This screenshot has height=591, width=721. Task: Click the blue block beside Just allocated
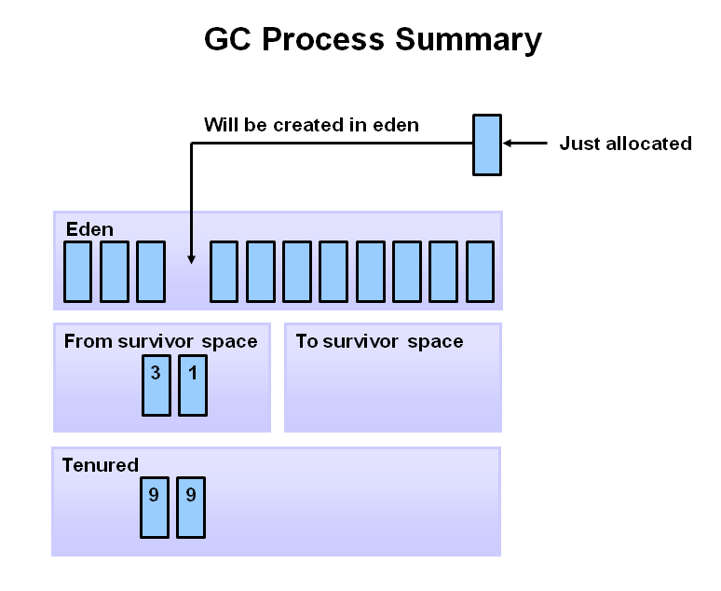[486, 144]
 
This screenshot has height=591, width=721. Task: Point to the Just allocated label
[625, 144]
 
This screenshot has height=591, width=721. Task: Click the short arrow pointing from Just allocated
[524, 144]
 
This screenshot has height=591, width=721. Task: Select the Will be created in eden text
[311, 125]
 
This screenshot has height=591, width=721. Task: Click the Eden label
[89, 228]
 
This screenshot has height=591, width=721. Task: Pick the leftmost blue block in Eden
[77, 271]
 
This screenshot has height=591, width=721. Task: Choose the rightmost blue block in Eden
[480, 271]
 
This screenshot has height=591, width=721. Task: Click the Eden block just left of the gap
[151, 271]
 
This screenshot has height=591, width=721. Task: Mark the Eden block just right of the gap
[224, 271]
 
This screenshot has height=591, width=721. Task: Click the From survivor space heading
[160, 341]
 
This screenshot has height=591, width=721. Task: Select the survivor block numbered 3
[156, 384]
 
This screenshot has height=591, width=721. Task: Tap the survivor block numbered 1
[192, 384]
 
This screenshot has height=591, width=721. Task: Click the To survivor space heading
[379, 341]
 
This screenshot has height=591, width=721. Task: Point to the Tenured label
[100, 464]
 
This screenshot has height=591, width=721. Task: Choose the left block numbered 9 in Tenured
[154, 507]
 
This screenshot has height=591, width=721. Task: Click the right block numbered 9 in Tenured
[190, 507]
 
